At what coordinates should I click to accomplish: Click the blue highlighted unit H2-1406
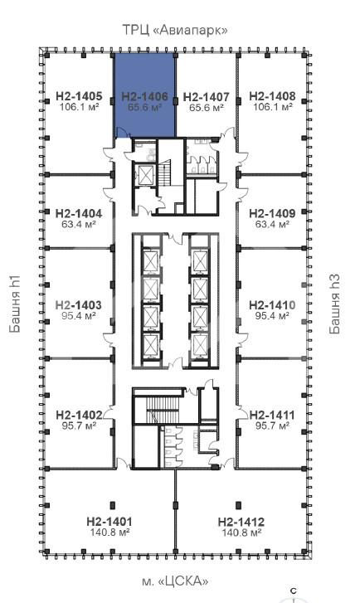coord(144,95)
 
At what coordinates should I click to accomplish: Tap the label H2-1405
coord(80,96)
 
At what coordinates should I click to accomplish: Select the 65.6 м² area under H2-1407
coord(207,108)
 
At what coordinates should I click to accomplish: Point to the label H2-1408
coord(272,96)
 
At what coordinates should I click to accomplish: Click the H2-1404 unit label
coord(79,213)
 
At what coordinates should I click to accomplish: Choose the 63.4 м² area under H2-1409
coord(272,224)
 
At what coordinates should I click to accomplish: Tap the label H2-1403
coord(79,305)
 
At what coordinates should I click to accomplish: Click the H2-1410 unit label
coord(272,305)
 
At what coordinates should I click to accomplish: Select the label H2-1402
coord(80,416)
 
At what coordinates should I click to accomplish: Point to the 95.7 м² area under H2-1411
coord(272,426)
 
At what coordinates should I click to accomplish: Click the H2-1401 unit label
coord(109,522)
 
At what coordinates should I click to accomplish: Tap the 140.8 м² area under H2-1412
coord(241,532)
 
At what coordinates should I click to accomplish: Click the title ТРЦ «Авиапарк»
coord(175,30)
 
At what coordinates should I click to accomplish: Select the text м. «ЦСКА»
coord(175,581)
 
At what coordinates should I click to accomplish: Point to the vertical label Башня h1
coord(15,304)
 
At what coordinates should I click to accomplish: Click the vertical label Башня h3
coord(334,304)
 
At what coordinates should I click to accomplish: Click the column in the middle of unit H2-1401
coord(113,505)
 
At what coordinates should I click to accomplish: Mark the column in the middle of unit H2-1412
coord(238,505)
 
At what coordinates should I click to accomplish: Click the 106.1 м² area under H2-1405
coord(80,107)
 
